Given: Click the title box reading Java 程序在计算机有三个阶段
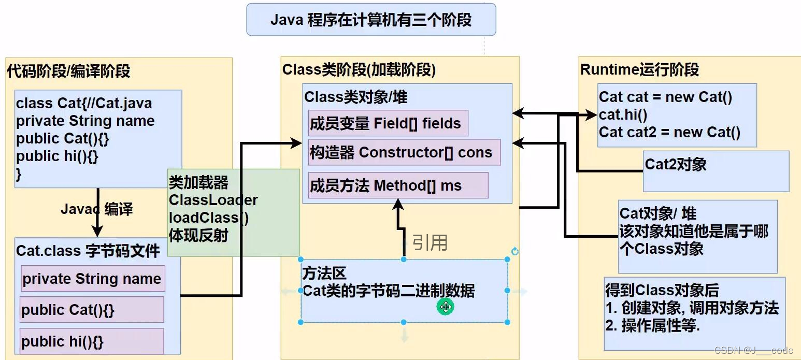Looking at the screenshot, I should tap(371, 20).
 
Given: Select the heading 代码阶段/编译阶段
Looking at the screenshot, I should tap(68, 71).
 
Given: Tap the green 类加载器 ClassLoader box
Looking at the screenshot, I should tap(233, 212).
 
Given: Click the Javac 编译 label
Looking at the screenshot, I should tap(96, 209).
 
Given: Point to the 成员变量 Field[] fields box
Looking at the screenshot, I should tap(388, 123).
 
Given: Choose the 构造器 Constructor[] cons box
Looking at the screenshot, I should tap(404, 152).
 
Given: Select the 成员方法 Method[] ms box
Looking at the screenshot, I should tap(397, 185).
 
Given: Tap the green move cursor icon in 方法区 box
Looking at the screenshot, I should tap(446, 307).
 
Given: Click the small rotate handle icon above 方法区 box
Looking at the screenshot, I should tap(514, 251).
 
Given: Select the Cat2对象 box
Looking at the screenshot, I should tap(715, 171).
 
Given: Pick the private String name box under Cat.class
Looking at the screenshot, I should tap(93, 279).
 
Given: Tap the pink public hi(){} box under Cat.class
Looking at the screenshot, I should tap(91, 341).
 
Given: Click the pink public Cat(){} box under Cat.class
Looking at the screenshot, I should tap(91, 310).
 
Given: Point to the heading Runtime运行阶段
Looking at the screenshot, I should tap(639, 69).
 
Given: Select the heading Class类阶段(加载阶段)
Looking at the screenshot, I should tap(359, 69).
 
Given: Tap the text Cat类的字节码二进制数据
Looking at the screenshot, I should tap(389, 291).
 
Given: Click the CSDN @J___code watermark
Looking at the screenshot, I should tap(753, 351).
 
